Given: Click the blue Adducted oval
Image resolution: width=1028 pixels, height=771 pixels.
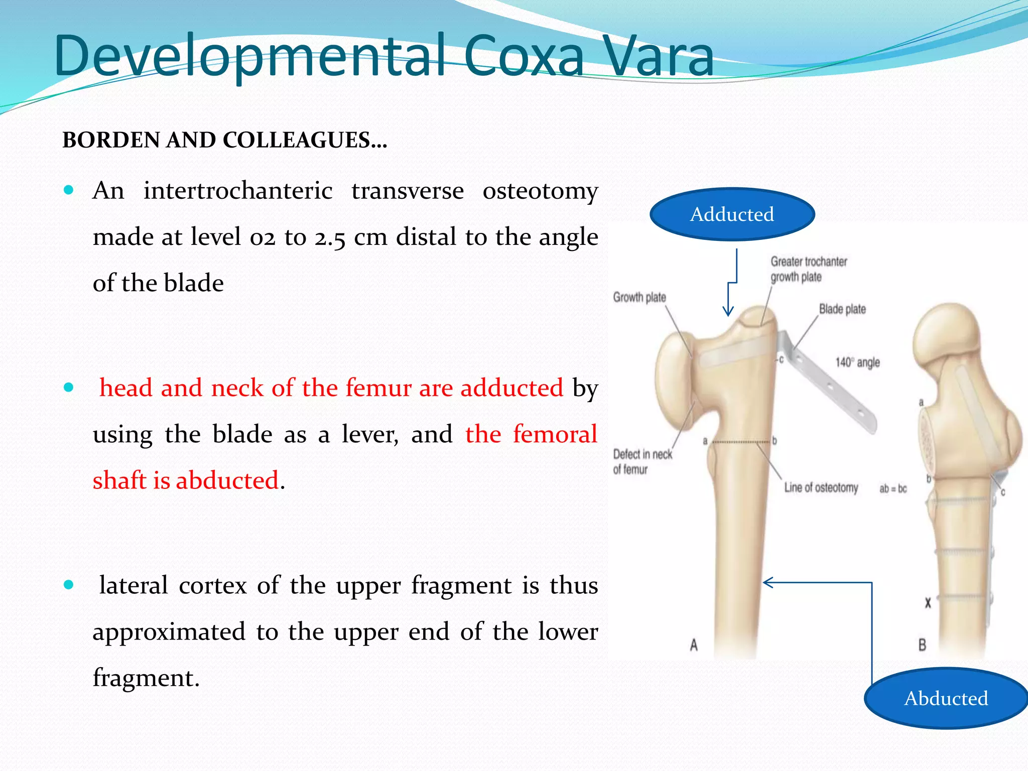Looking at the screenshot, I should click(732, 214).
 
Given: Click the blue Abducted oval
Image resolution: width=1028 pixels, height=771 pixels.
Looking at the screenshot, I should click(946, 698).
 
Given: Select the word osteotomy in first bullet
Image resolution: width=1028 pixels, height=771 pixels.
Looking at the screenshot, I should click(540, 191).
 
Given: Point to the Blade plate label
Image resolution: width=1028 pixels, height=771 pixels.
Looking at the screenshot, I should click(842, 309).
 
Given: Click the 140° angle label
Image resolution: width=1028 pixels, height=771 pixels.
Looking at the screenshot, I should click(857, 362).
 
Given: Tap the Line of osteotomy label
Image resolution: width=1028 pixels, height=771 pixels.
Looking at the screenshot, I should click(821, 488).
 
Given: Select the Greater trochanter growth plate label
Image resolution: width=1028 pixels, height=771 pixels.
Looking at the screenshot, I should click(808, 269).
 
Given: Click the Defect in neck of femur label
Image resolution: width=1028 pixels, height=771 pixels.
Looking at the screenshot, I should click(642, 462).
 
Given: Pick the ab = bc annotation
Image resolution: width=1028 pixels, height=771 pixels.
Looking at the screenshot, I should click(893, 489).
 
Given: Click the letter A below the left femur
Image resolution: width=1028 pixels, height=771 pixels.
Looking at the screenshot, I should click(694, 645).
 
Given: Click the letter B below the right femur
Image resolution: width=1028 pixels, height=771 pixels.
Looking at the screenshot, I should click(922, 645).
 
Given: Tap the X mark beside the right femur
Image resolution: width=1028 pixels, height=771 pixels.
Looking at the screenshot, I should click(928, 603).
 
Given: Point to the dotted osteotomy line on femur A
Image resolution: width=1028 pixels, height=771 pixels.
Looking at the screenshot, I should click(740, 442).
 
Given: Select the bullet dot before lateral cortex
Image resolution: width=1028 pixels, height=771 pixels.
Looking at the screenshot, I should click(69, 585).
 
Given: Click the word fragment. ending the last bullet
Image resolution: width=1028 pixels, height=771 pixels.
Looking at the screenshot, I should click(146, 678).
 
